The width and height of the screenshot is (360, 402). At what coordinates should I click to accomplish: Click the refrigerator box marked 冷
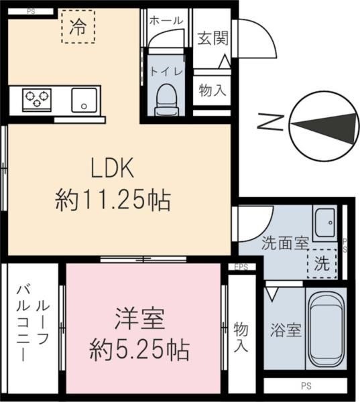click(x=78, y=27)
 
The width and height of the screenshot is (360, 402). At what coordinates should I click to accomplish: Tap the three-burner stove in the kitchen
click(x=38, y=100)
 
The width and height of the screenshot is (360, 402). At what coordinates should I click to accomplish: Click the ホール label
click(x=165, y=21)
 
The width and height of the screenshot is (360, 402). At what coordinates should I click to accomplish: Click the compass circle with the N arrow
click(x=324, y=127)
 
